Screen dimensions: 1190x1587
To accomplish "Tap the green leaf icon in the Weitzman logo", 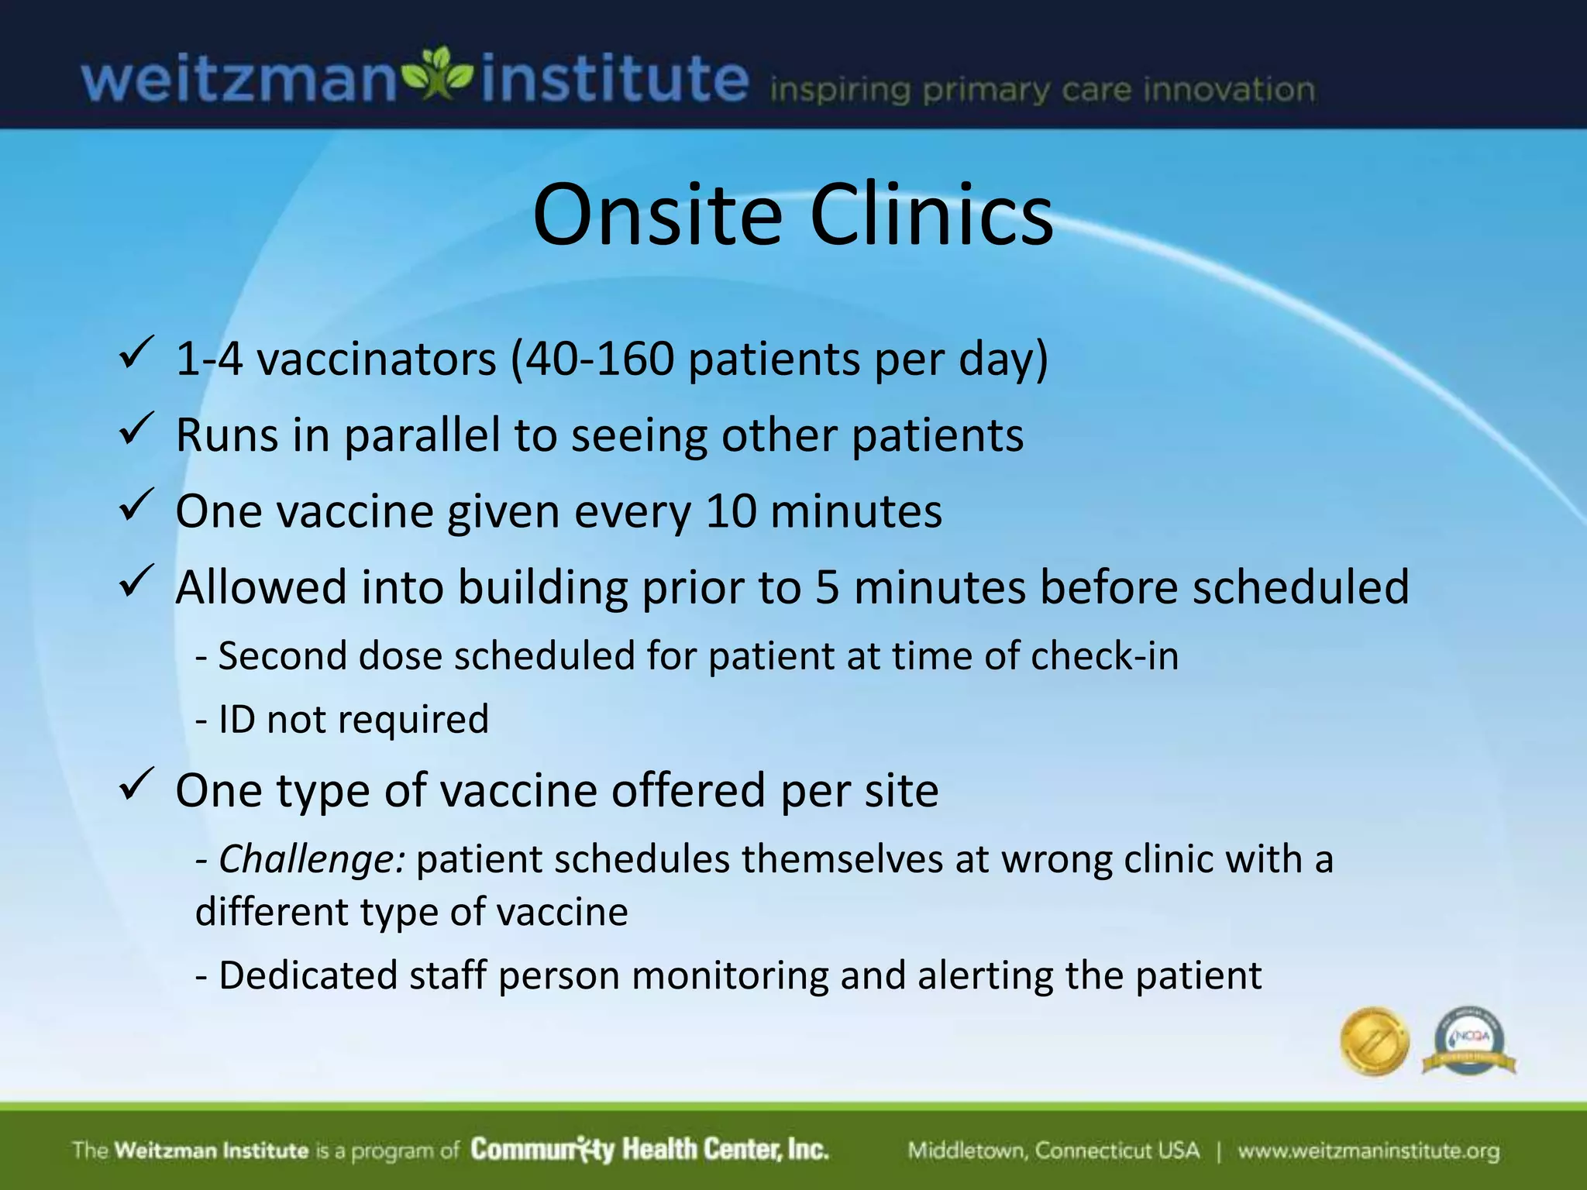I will [439, 75].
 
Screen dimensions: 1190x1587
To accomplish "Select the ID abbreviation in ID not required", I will [236, 719].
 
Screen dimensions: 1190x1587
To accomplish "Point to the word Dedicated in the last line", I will [308, 975].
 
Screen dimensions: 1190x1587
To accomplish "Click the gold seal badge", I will [1374, 1040].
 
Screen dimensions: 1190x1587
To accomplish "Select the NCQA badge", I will [1468, 1041].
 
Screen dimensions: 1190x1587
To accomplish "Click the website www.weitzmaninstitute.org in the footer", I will [1368, 1150].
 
